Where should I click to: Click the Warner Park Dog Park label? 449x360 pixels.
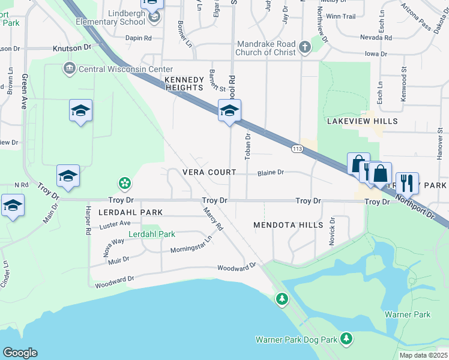[x=297, y=340]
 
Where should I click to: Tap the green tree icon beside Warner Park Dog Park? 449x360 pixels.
[x=346, y=339]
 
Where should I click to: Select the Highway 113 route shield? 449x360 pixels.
[x=297, y=148]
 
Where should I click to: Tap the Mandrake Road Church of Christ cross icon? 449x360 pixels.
[x=305, y=47]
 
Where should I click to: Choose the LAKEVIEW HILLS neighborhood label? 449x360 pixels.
[x=362, y=121]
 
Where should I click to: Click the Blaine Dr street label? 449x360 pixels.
[x=270, y=173]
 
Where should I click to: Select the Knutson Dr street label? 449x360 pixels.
[x=71, y=46]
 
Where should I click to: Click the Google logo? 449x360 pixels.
[x=20, y=353]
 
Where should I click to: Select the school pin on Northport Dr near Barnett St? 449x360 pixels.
[x=229, y=111]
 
